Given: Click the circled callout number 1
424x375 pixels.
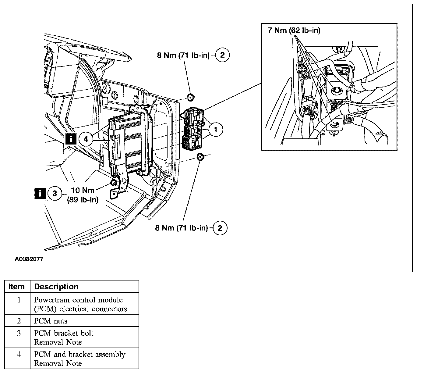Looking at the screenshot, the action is (216, 130).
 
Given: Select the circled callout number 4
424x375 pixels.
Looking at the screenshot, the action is (86, 139).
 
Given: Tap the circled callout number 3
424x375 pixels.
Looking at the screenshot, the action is (55, 193).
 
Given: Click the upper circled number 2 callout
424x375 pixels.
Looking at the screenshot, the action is (222, 55).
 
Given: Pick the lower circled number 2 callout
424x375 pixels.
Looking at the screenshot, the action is (220, 228).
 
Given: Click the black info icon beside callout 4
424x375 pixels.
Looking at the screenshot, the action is (71, 139).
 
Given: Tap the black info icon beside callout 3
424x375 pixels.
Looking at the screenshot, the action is (40, 193).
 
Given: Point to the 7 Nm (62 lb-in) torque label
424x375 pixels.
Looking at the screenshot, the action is (294, 30).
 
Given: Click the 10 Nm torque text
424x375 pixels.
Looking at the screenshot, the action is (83, 190).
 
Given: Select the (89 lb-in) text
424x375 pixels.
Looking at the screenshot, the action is (83, 200).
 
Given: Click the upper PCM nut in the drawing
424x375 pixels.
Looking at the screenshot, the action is (191, 98).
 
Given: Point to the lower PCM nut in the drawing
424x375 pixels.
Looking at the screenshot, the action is (200, 157).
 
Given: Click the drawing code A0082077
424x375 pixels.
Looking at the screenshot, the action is (29, 259).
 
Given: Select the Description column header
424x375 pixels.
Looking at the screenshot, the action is (56, 287).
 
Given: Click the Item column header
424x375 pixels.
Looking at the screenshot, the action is (16, 287).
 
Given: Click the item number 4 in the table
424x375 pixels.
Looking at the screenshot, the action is (19, 354).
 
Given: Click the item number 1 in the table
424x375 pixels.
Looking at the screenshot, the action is (19, 300).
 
